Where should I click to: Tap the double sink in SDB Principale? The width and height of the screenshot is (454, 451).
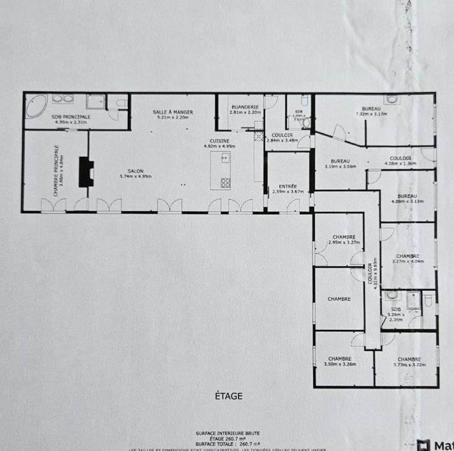coord(63,99)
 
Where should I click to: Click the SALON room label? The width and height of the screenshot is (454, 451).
coord(135,171)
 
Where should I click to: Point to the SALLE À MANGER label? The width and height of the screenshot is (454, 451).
coord(173,112)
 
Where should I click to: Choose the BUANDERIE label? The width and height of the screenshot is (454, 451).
coord(245,107)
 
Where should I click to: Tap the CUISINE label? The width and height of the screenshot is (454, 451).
coord(219,141)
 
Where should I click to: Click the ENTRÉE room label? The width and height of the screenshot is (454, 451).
coord(288,186)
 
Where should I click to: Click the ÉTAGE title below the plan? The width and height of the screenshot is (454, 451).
coord(229,396)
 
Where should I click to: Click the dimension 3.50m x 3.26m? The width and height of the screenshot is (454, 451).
coord(339,364)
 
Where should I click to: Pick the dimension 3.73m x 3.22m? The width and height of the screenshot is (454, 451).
coord(409,364)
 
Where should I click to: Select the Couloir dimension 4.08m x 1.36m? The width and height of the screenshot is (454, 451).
coord(401,164)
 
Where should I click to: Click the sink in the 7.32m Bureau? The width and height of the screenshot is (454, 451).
coord(391,100)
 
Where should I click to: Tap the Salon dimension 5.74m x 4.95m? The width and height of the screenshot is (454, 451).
coord(136,176)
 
